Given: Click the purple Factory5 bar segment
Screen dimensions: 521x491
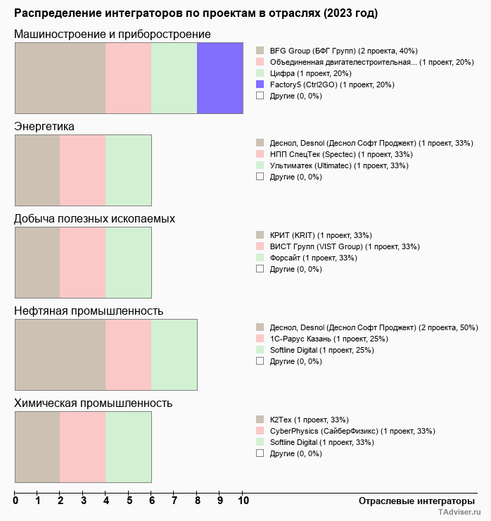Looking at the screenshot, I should (x=220, y=77).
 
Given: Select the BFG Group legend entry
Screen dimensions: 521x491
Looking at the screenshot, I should (x=343, y=51).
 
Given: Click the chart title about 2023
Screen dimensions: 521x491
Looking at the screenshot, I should (x=196, y=13).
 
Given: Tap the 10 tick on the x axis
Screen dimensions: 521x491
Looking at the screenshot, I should (x=243, y=501).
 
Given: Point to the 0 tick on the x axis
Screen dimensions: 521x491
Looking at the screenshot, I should (x=15, y=501).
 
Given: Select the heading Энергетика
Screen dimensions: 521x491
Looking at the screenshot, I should (x=44, y=126).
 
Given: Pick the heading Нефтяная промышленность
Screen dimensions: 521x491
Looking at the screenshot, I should (x=89, y=310).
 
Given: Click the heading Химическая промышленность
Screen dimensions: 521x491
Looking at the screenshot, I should (x=94, y=403).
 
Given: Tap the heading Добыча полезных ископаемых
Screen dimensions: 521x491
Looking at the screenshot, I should (x=94, y=218).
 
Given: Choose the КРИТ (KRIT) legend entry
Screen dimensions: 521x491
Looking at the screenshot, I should (x=321, y=235).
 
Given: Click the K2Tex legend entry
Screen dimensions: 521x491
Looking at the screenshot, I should (x=310, y=420).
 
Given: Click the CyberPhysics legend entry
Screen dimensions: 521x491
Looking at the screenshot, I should (x=352, y=431).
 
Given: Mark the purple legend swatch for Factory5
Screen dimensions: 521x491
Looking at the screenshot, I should (x=260, y=84).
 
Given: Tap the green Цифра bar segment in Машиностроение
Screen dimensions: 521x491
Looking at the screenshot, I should (x=174, y=77).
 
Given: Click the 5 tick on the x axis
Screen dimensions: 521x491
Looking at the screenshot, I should (x=129, y=501).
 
